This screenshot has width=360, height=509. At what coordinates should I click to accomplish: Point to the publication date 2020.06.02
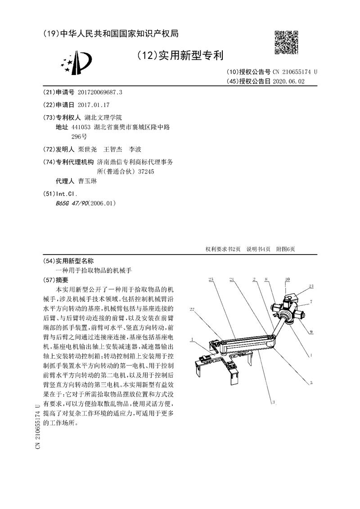292,81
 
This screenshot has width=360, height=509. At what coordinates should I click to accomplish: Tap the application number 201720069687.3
100,92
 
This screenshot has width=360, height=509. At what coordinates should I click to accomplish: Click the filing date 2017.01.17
94,104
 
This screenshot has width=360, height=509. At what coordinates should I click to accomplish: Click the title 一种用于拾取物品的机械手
94,270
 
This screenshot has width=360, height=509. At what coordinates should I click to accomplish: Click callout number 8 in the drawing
266,280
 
